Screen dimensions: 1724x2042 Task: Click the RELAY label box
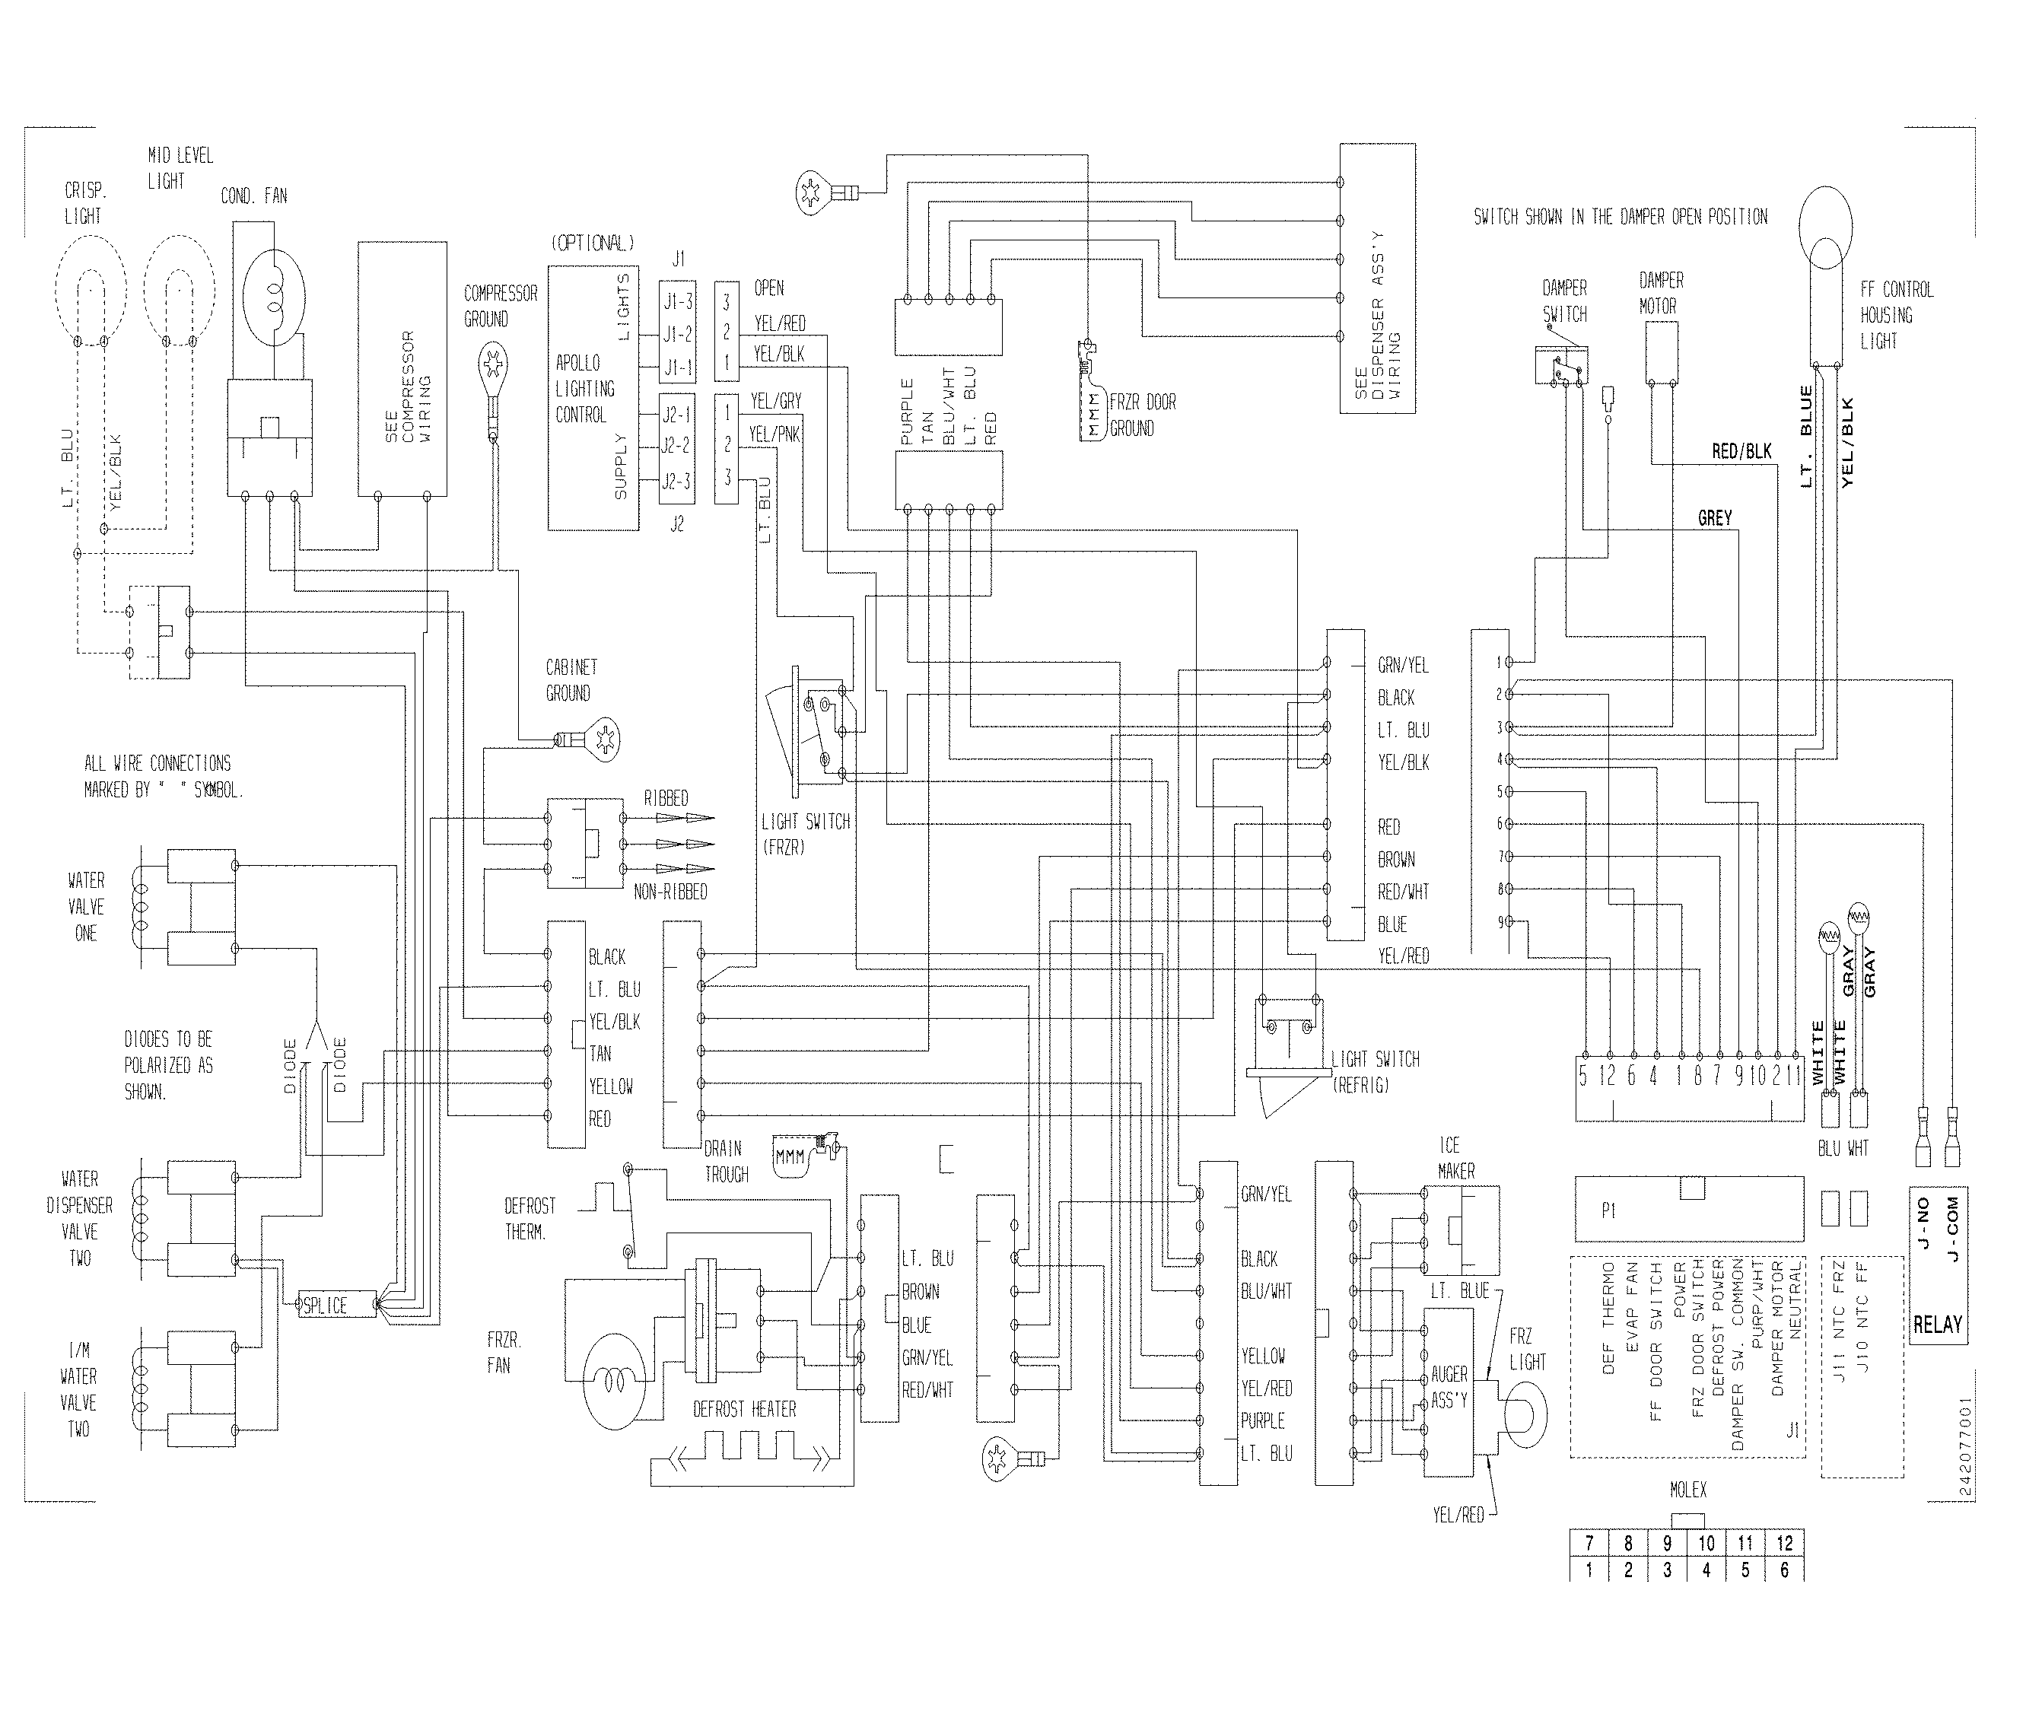pos(1938,1325)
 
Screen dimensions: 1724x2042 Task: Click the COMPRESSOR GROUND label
pos(501,306)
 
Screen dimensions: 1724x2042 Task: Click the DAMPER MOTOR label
pos(1661,293)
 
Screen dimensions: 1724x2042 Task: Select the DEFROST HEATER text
pos(744,1409)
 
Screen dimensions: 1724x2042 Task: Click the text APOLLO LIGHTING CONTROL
pos(584,389)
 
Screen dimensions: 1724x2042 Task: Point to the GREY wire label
pos(1715,518)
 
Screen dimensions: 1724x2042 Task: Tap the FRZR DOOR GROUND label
pos(1142,415)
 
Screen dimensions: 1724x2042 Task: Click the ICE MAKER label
pos(1455,1157)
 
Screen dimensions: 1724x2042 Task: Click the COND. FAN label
pos(254,196)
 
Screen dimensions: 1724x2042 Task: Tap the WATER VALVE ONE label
pos(86,907)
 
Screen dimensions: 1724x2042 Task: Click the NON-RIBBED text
pos(670,892)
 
